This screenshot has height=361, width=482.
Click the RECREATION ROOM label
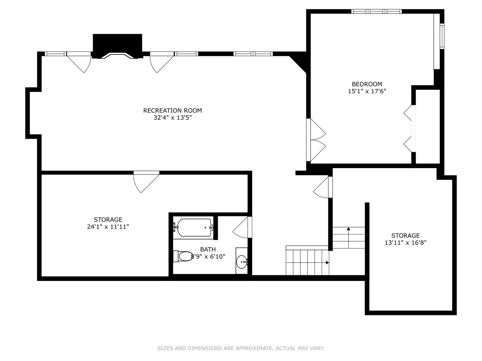(172, 110)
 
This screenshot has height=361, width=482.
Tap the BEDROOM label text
(367, 84)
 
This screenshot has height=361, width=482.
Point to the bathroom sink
(242, 261)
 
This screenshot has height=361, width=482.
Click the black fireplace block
(117, 46)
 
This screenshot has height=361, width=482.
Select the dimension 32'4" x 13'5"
(172, 118)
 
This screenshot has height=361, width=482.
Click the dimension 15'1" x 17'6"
(367, 91)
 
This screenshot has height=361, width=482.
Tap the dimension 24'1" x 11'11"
(108, 227)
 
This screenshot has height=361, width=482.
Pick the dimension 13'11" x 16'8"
(405, 243)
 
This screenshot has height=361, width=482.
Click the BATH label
(208, 249)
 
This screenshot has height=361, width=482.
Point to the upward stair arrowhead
(349, 229)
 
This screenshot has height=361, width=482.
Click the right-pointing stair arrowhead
(327, 262)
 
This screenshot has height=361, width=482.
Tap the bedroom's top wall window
(376, 11)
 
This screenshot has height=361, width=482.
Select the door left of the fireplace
(79, 63)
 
